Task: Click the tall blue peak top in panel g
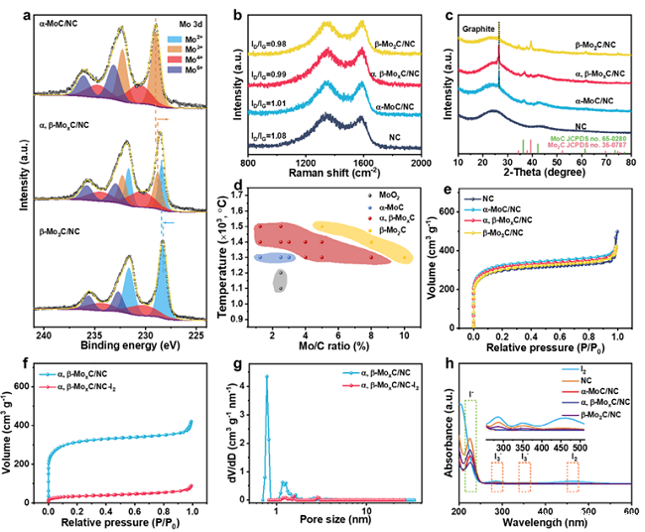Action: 266,376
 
